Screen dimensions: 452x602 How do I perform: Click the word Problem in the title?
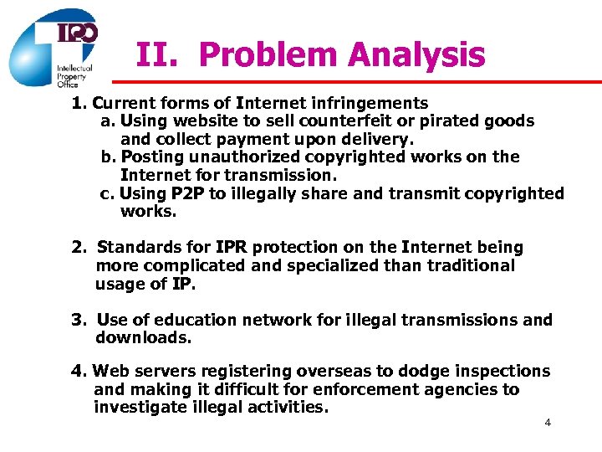(268, 55)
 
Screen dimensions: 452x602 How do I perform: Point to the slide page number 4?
(548, 422)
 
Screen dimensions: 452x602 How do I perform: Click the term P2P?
(187, 193)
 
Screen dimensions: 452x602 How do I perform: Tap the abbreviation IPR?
(231, 247)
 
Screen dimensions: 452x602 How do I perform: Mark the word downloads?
(143, 338)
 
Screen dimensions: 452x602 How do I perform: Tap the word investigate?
(135, 408)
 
